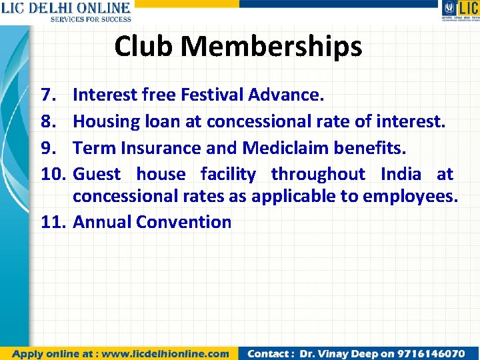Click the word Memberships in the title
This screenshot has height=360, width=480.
click(271, 47)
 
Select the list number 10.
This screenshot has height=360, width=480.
click(53, 175)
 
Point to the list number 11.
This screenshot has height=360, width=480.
click(53, 222)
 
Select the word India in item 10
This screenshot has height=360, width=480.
click(401, 175)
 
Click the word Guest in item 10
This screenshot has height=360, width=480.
click(97, 175)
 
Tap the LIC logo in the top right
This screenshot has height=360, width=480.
click(459, 11)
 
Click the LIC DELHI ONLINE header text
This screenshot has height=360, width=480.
click(66, 9)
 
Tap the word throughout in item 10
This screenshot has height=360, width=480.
click(318, 175)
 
